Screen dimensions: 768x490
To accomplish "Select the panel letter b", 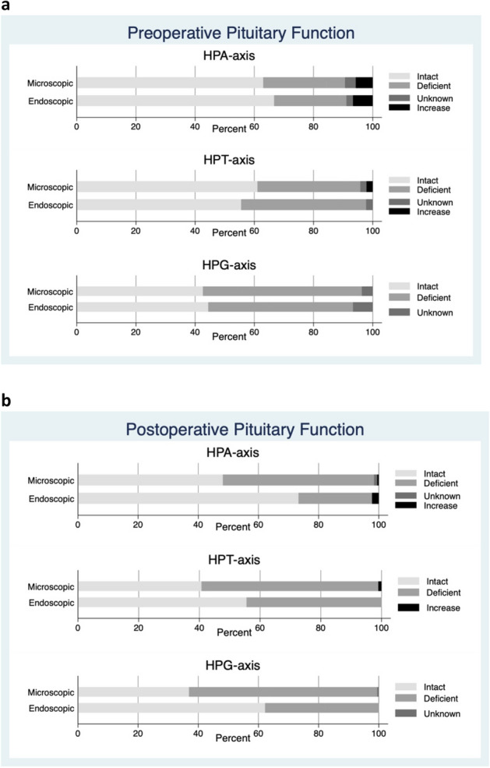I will click(6, 401).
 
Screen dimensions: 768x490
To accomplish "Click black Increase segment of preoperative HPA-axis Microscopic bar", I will click(364, 83).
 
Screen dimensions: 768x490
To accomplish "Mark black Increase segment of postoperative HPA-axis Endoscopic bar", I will click(375, 497).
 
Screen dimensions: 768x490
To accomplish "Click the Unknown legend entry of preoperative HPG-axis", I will click(435, 312).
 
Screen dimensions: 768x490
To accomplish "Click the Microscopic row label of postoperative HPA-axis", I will click(51, 480).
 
